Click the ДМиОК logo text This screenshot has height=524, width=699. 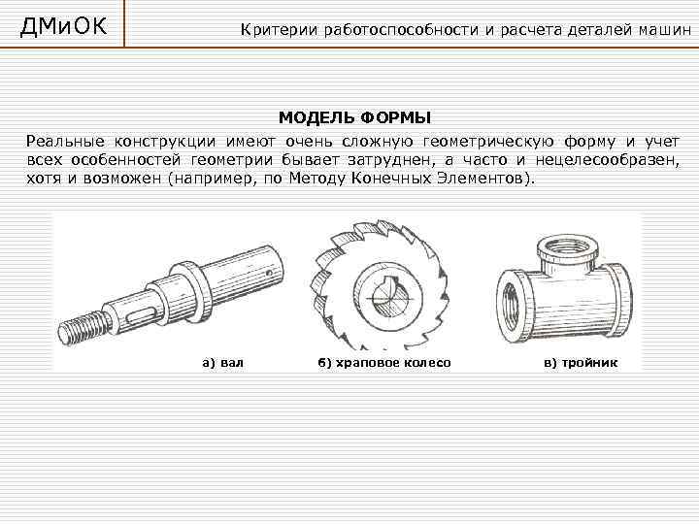point(63,26)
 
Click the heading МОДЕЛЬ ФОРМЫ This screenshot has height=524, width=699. point(355,118)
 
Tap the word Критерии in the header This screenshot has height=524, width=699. point(279,30)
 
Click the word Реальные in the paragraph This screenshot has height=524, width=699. point(65,142)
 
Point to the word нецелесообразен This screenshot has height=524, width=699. point(608,160)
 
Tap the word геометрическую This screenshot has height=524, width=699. point(488,142)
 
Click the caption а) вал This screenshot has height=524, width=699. point(223,362)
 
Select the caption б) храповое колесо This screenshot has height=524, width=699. point(384,363)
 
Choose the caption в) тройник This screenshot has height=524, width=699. point(581,363)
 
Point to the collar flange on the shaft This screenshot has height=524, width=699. point(191,292)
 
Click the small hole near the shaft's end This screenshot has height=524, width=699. point(268,273)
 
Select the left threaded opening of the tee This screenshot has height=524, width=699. point(513,307)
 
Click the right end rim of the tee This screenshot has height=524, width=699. point(621,300)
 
